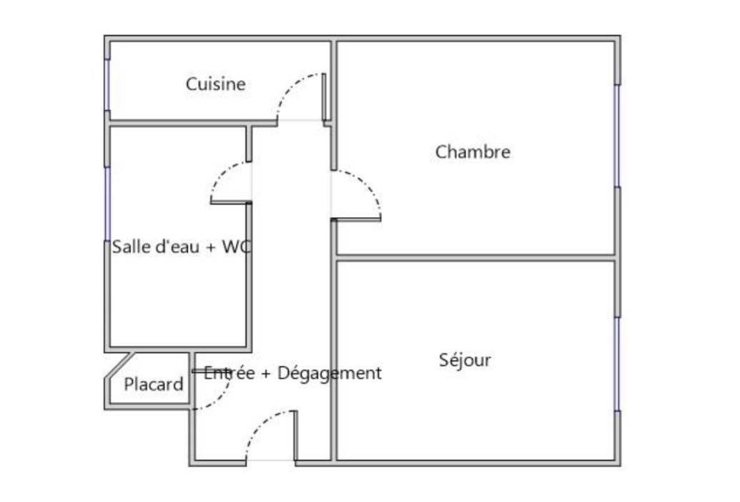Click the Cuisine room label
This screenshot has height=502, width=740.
coord(216,84)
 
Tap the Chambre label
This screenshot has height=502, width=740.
coord(473,152)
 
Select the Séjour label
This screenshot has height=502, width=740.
coord(465,360)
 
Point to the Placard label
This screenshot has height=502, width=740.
coord(154,384)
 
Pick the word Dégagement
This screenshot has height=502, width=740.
coord(330,373)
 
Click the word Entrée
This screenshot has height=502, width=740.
coord(230,373)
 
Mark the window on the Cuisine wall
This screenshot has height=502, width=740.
coord(107,85)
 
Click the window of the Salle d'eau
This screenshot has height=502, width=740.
coord(107,204)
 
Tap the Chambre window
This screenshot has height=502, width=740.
coord(617,136)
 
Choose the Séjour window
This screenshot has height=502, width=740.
coord(617,364)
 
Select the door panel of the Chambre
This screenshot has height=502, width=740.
coord(356,219)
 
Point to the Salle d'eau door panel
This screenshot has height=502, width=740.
coord(231,203)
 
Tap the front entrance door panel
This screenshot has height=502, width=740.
coord(296,436)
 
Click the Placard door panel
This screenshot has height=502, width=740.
coord(211,371)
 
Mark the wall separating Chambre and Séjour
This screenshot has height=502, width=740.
coord(475,258)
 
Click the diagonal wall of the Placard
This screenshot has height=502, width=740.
coord(119,364)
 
